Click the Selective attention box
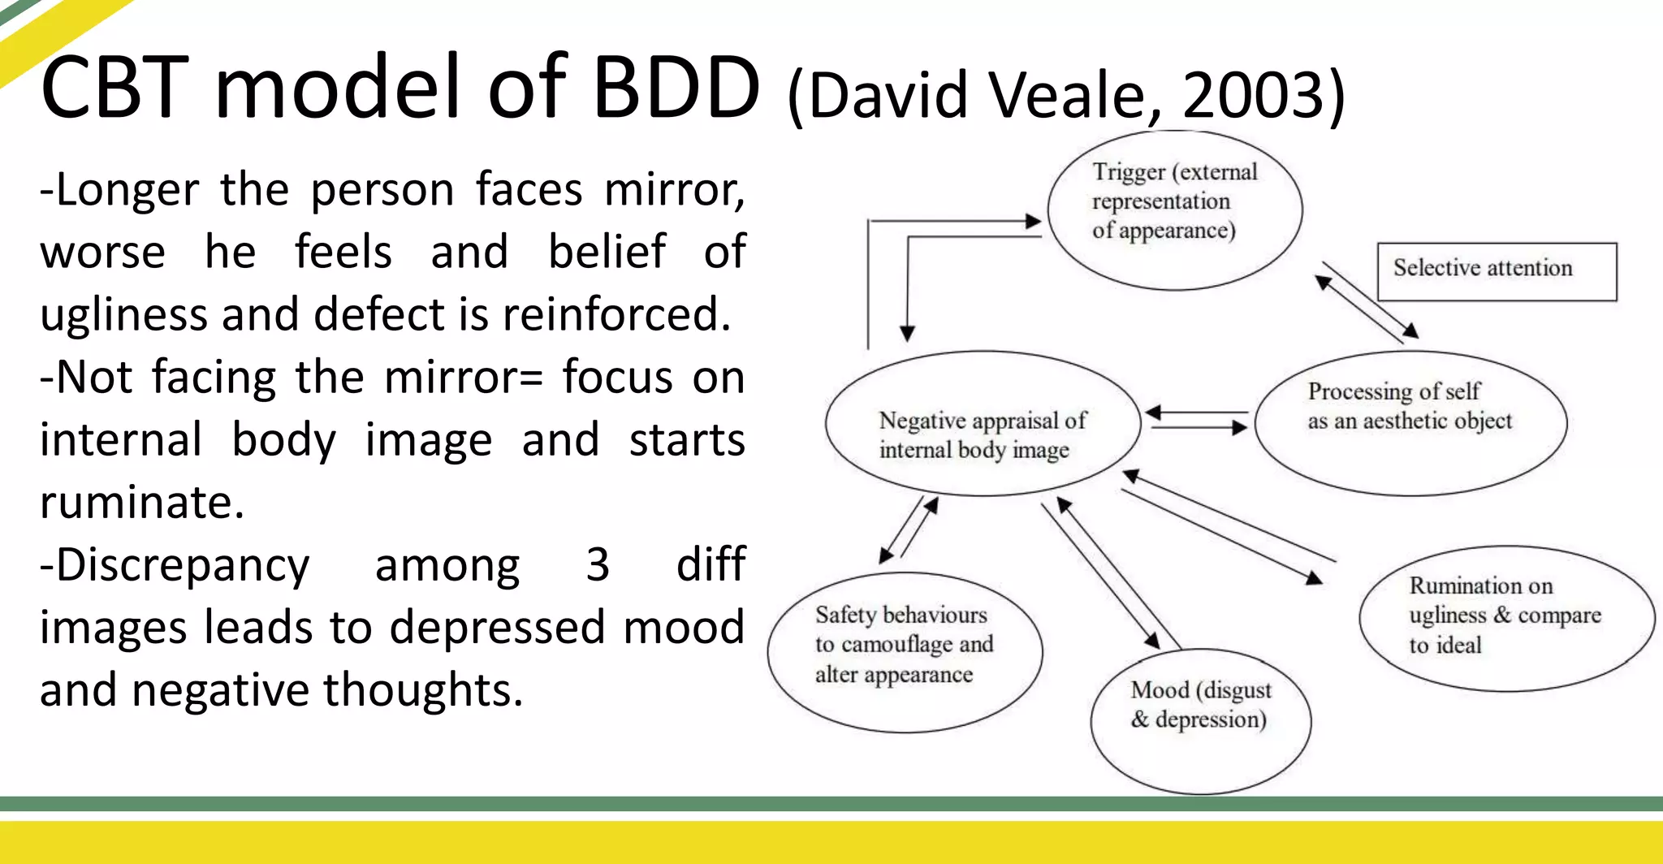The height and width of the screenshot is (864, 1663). (x=1496, y=271)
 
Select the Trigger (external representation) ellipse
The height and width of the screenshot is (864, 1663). (x=1174, y=210)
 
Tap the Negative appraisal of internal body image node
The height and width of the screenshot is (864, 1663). (x=983, y=423)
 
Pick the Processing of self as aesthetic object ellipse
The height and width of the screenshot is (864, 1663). (x=1410, y=423)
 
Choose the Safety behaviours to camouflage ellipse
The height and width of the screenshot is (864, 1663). (x=904, y=652)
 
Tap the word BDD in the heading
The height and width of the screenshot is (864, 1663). (x=676, y=88)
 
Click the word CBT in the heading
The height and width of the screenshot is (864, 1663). (x=114, y=88)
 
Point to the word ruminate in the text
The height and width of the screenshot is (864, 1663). (x=141, y=502)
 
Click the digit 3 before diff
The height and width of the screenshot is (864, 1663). (x=598, y=564)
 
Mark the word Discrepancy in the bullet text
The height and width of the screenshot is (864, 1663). (x=183, y=566)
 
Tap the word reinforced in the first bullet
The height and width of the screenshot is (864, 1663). (x=616, y=314)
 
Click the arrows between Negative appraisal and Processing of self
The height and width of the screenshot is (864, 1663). (x=1196, y=421)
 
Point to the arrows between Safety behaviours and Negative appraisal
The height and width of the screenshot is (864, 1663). (x=909, y=529)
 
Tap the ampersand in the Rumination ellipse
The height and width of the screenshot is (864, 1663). (x=1502, y=616)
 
